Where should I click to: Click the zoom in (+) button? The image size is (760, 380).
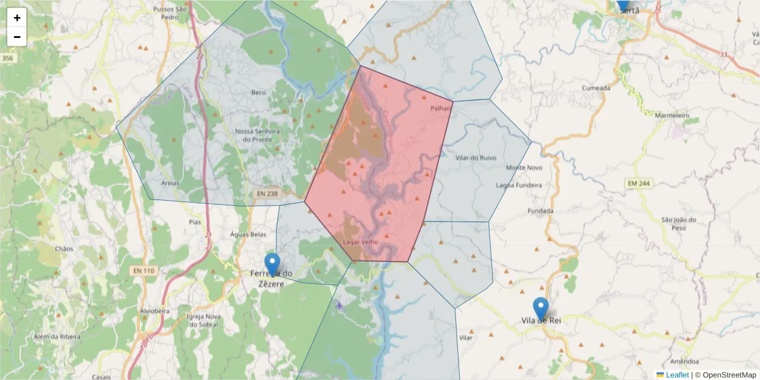tap(17, 18)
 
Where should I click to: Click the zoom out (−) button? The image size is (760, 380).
tap(17, 37)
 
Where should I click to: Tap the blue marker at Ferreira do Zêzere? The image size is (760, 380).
tap(272, 263)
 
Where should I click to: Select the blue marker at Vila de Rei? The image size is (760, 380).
tap(540, 308)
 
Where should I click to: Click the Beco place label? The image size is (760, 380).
tap(258, 92)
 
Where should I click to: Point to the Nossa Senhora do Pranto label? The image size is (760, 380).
tap(257, 135)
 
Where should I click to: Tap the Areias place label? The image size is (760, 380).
tap(170, 182)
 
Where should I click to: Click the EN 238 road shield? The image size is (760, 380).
tap(267, 193)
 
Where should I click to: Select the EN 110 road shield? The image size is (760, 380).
tap(144, 270)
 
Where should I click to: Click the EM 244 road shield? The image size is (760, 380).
tap(638, 183)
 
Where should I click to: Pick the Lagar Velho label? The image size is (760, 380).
tap(360, 242)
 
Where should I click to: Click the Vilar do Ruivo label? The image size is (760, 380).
tap(476, 158)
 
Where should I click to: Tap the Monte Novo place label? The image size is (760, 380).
tap(524, 167)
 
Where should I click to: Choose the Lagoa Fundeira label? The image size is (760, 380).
tap(519, 185)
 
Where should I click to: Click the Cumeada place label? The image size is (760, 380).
tap(596, 88)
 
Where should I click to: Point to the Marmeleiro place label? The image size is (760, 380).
tap(671, 116)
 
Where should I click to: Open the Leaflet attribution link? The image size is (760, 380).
tap(676, 375)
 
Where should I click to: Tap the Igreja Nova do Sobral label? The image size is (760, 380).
tap(203, 320)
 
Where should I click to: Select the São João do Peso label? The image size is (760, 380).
tap(678, 224)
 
